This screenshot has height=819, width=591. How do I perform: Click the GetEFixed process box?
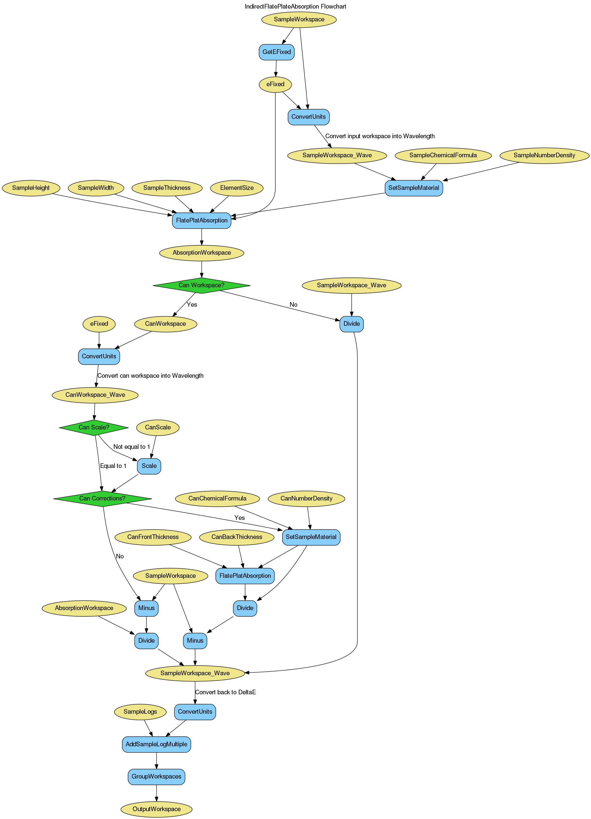277,52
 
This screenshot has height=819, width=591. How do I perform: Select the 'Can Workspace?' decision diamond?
202,285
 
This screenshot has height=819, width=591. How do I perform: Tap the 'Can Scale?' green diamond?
94,427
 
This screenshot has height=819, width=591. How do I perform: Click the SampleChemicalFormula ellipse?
443,155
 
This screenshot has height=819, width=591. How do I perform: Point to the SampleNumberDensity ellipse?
544,155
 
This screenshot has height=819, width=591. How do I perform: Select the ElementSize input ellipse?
237,188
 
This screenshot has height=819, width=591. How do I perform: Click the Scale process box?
149,466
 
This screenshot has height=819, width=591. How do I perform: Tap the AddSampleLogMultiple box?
156,744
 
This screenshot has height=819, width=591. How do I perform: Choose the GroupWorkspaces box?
156,777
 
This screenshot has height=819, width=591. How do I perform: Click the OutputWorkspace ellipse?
156,809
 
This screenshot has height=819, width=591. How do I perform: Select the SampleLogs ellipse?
140,712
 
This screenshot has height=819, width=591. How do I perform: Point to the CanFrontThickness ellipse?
153,537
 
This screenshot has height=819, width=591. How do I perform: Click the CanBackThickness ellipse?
237,537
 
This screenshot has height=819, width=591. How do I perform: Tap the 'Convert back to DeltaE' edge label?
225,692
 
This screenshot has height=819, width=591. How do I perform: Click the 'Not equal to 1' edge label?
132,447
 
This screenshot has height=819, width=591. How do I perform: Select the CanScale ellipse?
158,427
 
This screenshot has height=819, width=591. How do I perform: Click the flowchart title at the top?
295,7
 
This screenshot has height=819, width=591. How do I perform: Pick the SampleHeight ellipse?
31,188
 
